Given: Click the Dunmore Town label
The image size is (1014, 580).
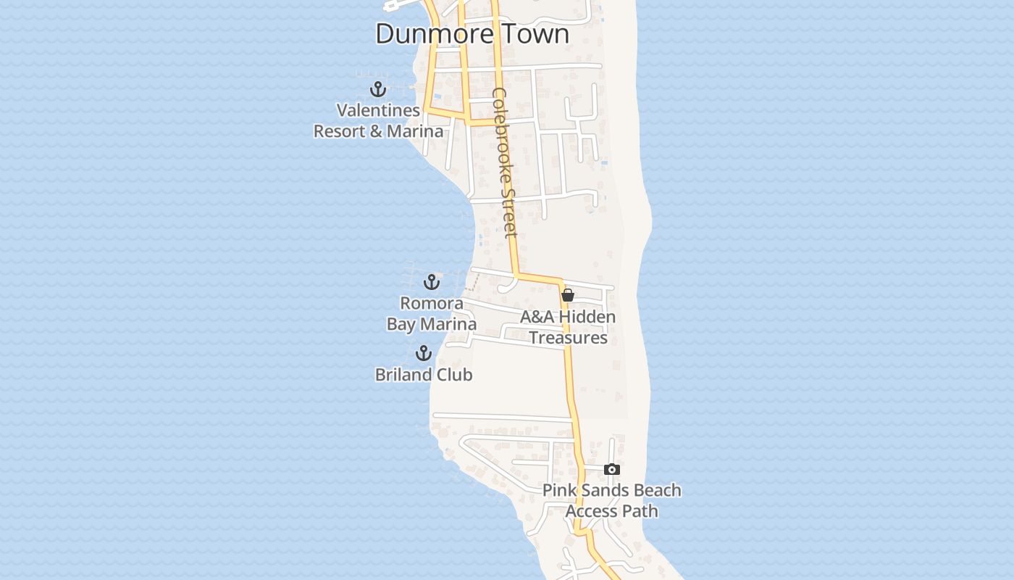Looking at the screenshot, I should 472,33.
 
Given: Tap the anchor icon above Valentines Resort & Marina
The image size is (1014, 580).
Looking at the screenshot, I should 378,90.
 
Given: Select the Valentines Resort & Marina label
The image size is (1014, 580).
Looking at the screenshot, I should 378,121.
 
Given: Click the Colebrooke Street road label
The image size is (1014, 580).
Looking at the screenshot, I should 505,162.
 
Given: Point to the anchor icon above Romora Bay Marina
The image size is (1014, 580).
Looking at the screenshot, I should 432,282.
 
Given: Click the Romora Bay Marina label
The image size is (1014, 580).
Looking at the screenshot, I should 432,313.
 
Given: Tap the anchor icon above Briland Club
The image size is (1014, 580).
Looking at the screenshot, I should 424,354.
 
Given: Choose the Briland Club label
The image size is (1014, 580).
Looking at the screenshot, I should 424,375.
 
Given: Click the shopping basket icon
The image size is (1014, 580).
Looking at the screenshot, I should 568,295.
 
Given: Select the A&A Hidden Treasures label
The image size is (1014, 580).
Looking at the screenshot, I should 568,328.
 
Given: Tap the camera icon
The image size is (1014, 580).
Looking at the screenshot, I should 612,470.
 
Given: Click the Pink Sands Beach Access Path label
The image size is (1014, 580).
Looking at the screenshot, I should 612,500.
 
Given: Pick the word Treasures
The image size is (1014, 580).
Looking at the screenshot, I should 568,338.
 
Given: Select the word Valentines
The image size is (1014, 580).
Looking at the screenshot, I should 378,110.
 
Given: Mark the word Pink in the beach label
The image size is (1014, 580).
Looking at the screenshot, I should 559,490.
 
